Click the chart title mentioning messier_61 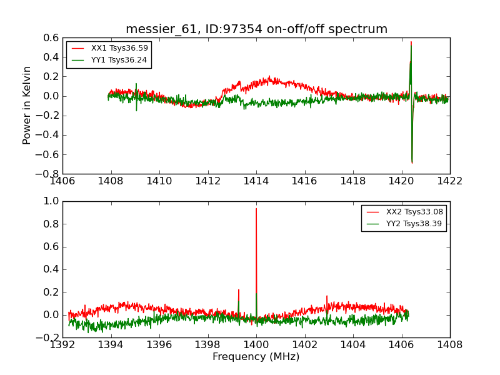256,29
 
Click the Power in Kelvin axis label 27,105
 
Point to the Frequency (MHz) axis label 256,357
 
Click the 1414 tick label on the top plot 256,181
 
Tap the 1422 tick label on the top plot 449,181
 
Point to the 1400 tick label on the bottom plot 256,344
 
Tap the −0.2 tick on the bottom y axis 49,337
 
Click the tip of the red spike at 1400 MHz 256,209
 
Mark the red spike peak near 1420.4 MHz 411,42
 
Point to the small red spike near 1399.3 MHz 239,290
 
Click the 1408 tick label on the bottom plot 449,344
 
